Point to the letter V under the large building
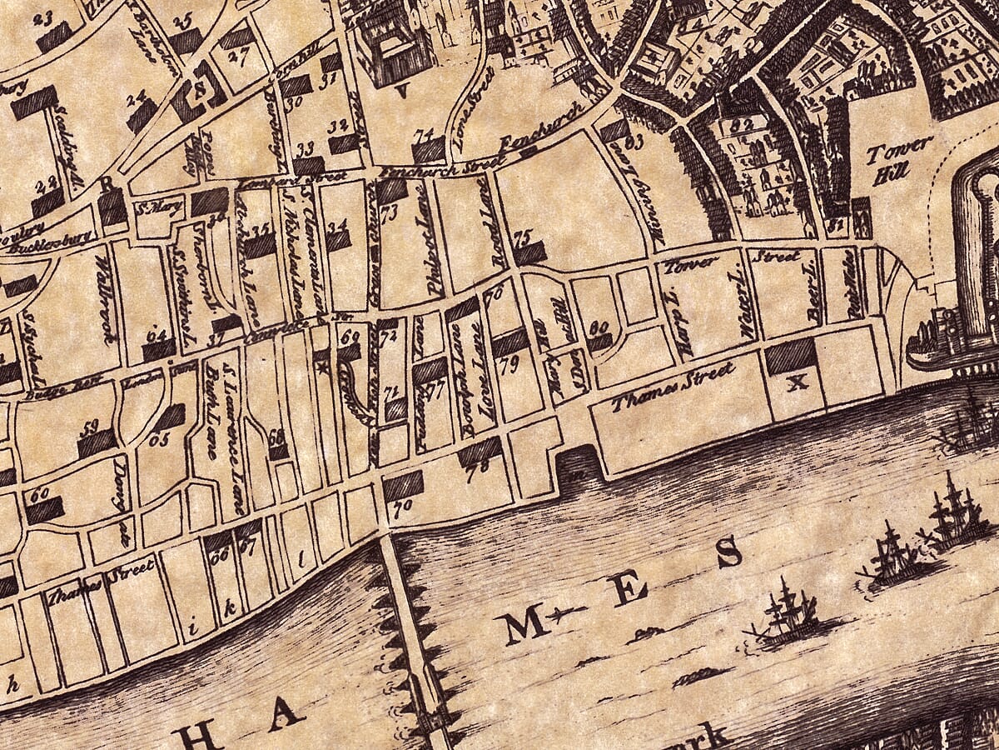click(402, 92)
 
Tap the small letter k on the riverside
click(228, 607)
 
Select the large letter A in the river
click(285, 712)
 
